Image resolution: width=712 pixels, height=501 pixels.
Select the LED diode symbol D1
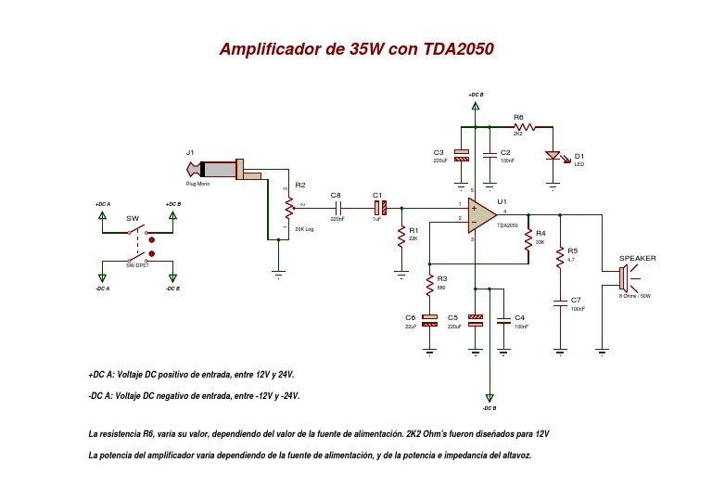pos(553,157)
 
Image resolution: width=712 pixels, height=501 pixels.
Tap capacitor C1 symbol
pos(378,206)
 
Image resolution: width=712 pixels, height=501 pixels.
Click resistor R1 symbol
pos(400,234)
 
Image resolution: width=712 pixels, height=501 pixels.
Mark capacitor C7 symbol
pos(559,302)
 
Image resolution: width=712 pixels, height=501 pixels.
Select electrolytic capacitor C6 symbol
pos(429,319)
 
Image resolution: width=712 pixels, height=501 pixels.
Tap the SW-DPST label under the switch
pos(138,265)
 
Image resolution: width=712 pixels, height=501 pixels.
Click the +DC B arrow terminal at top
pos(476,106)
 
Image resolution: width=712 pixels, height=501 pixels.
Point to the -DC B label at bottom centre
pos(489,408)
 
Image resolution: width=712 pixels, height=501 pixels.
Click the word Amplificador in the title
pos(268,49)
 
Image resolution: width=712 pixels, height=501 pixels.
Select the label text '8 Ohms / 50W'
pos(635,296)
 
